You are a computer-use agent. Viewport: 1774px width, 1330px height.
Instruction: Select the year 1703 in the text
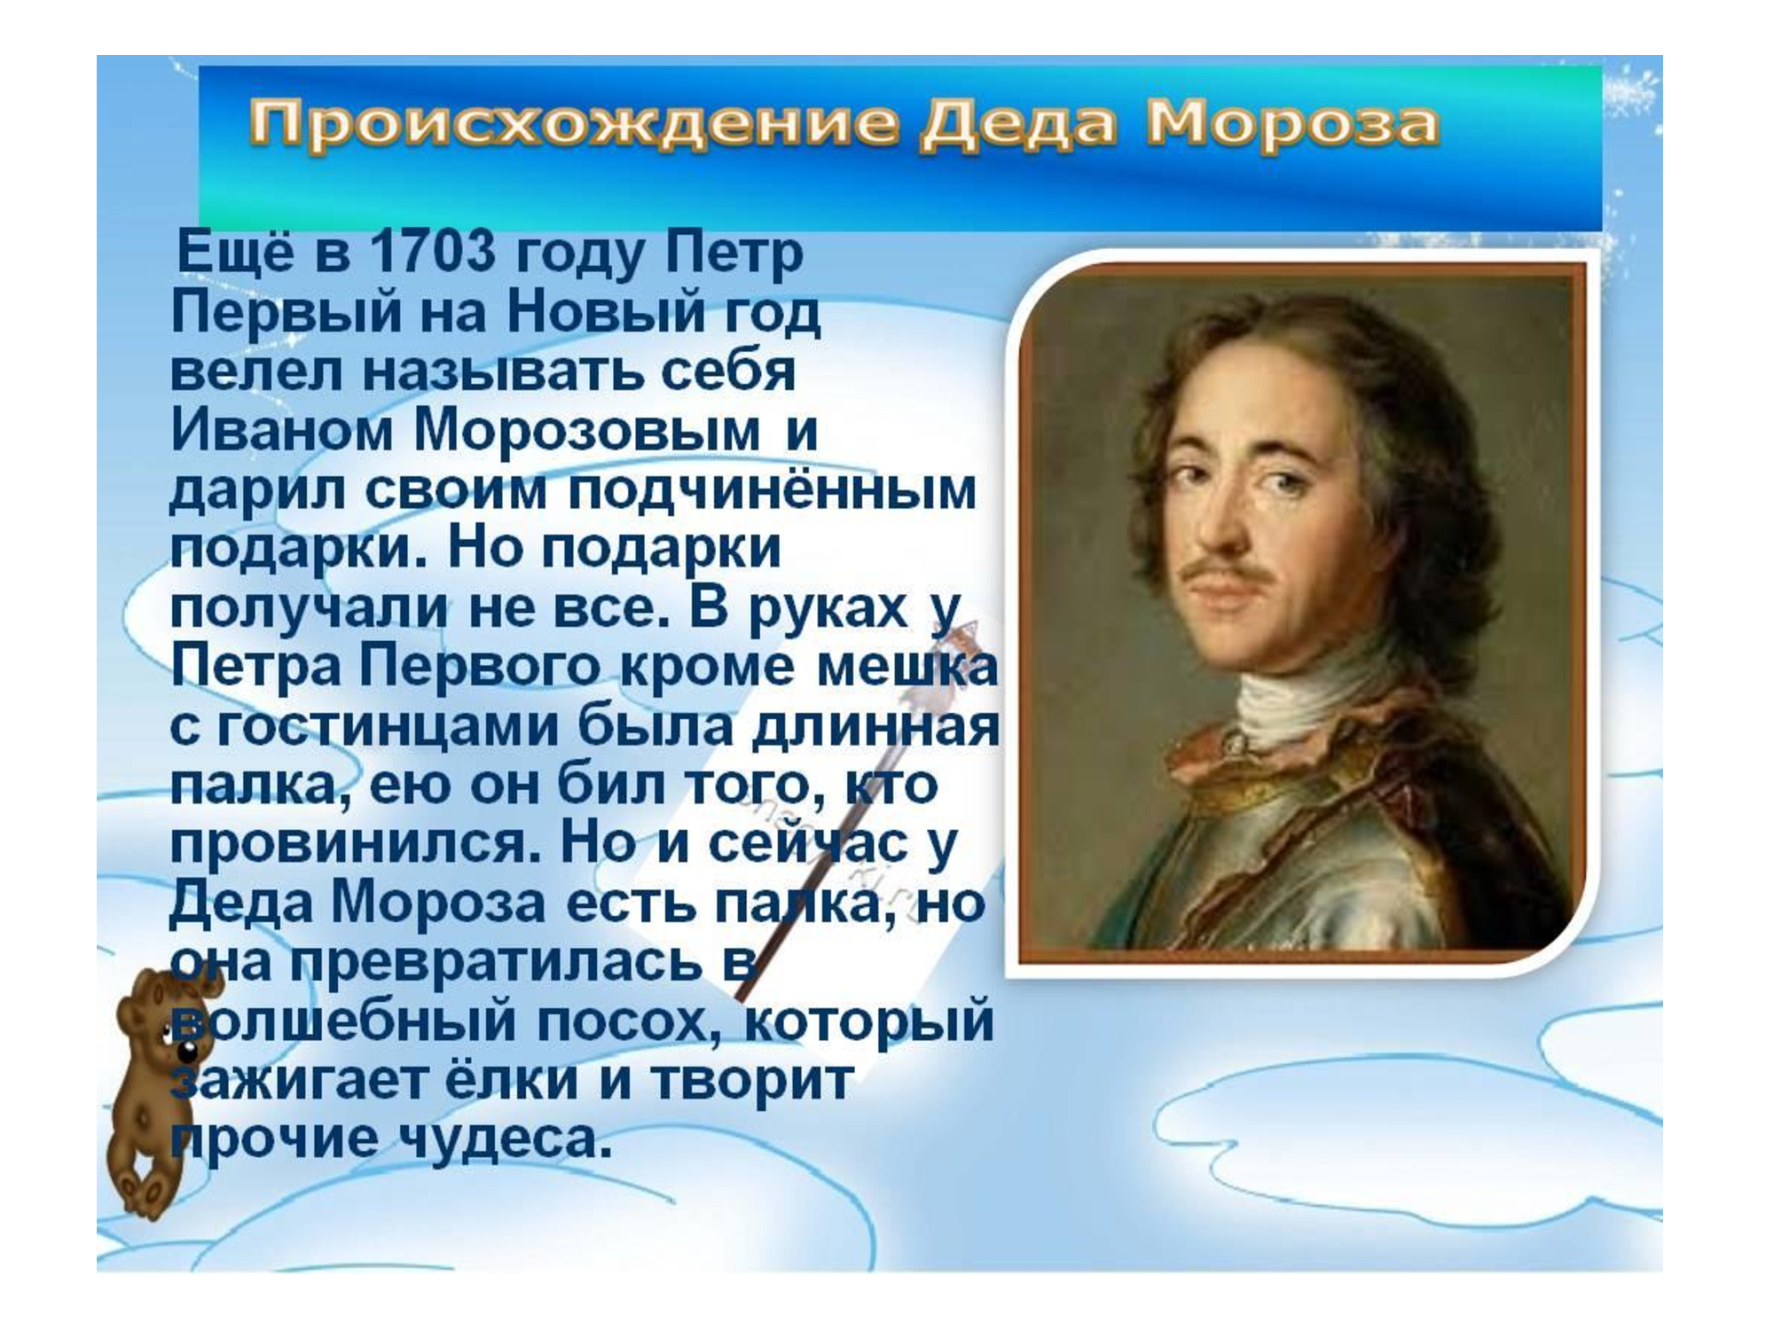[x=433, y=251]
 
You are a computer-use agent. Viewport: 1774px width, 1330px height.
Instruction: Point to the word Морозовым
[x=587, y=431]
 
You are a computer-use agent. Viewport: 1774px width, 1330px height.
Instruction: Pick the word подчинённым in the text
[x=772, y=490]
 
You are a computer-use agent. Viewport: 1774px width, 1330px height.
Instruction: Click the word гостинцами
[x=389, y=727]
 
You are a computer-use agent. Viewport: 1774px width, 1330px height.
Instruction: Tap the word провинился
[x=355, y=844]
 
